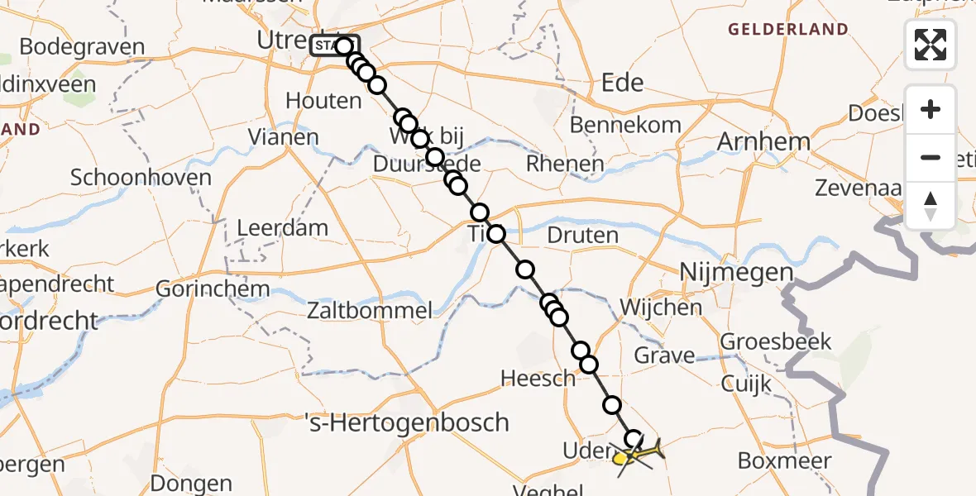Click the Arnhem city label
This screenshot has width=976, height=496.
(763, 141)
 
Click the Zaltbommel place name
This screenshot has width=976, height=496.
(370, 311)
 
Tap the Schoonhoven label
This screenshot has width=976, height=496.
(141, 177)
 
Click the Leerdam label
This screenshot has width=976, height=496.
(282, 227)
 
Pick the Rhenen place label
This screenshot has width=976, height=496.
(565, 164)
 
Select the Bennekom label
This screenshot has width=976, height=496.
(626, 125)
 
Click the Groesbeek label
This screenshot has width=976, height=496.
(775, 341)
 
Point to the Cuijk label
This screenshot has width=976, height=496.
(746, 384)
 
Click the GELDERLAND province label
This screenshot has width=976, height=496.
(787, 30)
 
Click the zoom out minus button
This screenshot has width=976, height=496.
(931, 157)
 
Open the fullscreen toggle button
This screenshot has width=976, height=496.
(931, 45)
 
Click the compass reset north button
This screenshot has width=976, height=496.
(931, 205)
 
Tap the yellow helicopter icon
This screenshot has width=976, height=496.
(638, 453)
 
